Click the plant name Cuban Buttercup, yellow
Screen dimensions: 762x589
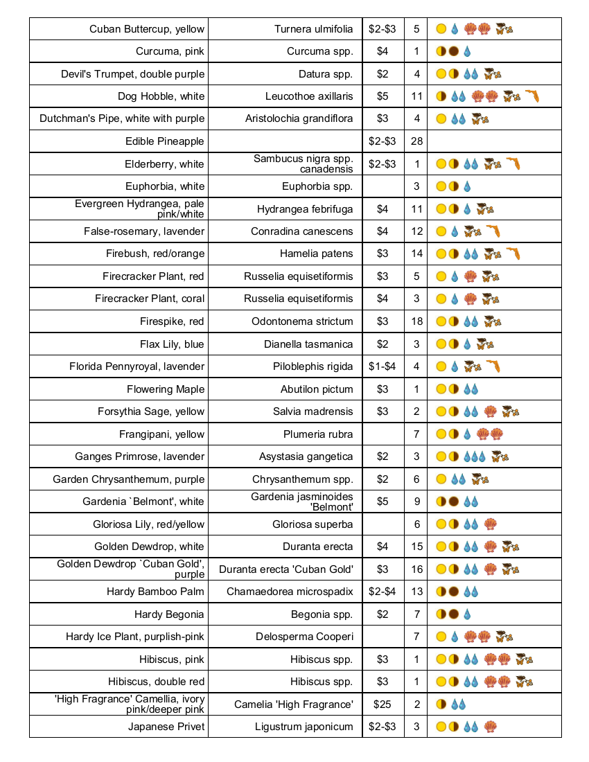tap(147, 29)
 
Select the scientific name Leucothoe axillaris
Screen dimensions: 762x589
tap(309, 96)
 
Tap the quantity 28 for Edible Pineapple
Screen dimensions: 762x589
tap(416, 141)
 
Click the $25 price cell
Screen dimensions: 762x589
tap(383, 705)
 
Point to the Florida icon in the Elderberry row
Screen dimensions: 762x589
tap(513, 164)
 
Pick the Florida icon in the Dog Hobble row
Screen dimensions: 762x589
tap(531, 96)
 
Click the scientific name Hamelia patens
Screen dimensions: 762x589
tap(317, 254)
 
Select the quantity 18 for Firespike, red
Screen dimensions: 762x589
tap(416, 321)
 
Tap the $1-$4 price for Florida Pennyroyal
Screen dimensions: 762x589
tap(383, 366)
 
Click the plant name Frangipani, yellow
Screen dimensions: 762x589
tap(162, 434)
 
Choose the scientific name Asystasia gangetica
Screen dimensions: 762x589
tap(306, 457)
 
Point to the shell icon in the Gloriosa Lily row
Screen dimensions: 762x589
tap(491, 524)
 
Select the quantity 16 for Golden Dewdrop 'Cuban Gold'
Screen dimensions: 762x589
tap(416, 569)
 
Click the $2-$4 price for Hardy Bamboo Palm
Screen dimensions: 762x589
tap(383, 592)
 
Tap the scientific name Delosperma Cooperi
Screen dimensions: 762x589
tap(305, 637)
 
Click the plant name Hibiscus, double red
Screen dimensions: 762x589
tap(157, 682)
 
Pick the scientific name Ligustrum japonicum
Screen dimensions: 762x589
tap(304, 727)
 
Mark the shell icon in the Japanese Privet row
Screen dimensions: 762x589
tap(491, 727)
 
